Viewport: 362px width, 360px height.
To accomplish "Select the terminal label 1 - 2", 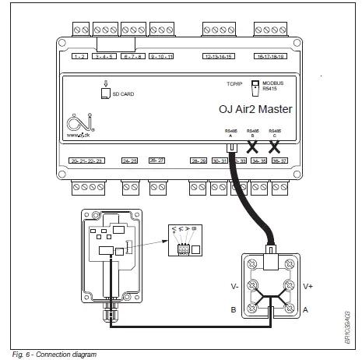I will (x=79, y=56).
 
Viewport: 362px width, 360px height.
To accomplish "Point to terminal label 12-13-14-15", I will (x=220, y=56).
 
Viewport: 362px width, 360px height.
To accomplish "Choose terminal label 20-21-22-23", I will (x=86, y=160).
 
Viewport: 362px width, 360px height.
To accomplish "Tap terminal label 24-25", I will (x=130, y=160).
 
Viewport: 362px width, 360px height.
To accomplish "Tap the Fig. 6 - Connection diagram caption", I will (x=54, y=355).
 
